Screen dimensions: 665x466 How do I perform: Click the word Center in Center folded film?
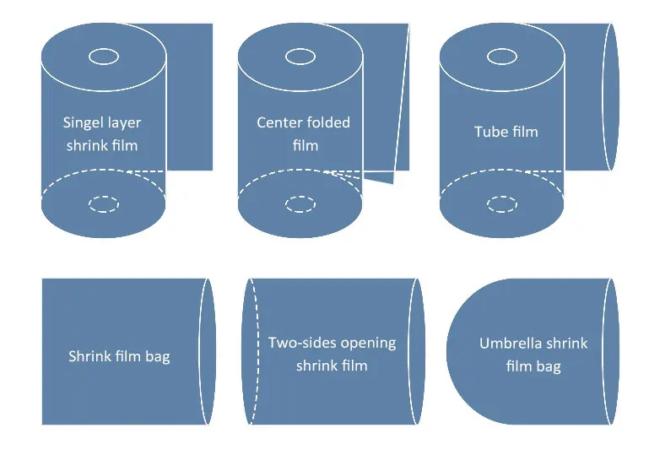278,122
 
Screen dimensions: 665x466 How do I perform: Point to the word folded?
327,122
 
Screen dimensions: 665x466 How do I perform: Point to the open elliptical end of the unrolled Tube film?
611,97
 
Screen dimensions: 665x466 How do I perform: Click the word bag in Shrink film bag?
157,357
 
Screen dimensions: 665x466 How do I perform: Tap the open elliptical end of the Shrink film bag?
208,351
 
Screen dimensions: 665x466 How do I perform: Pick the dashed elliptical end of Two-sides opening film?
251,351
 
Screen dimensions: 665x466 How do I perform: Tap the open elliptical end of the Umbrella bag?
611,351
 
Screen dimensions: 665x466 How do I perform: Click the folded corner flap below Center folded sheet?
379,178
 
